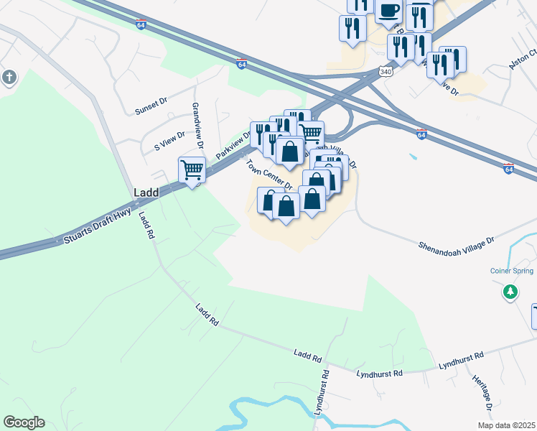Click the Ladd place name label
[x=146, y=193]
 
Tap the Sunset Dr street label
[x=151, y=106]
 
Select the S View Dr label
[x=169, y=140]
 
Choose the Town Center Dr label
[x=268, y=175]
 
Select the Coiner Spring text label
[x=511, y=271]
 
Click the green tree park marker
[x=510, y=292]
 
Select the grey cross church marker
[x=9, y=78]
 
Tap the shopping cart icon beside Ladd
[x=192, y=170]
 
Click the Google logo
[x=24, y=422]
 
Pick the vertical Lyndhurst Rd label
[x=321, y=393]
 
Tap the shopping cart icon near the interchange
[x=310, y=133]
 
